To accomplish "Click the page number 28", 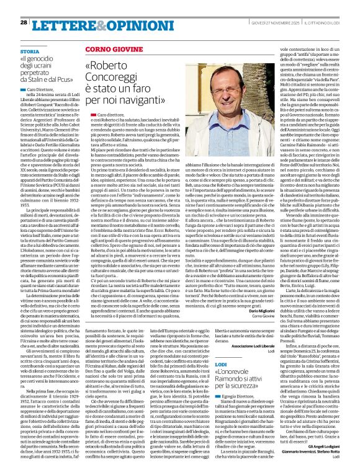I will (x=24, y=23).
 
